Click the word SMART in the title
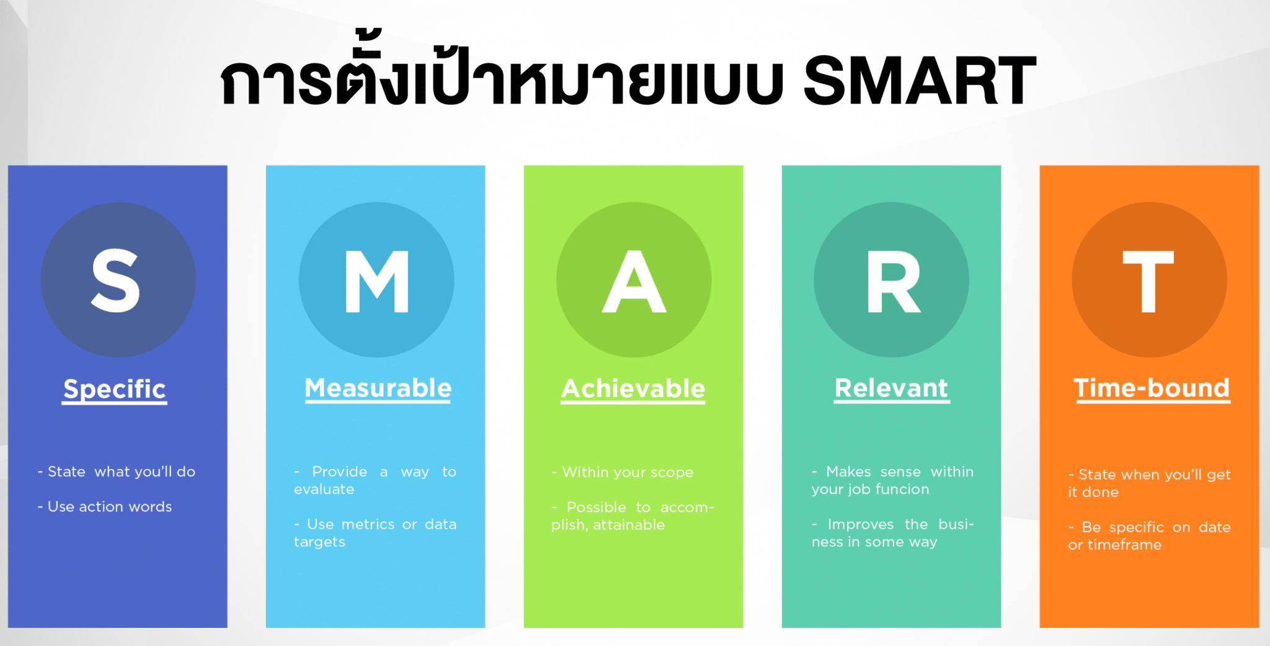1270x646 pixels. pyautogui.click(x=919, y=81)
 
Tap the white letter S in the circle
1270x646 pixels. pyautogui.click(x=116, y=280)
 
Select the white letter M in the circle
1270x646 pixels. pyautogui.click(x=376, y=281)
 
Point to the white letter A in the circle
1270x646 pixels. pyautogui.click(x=634, y=281)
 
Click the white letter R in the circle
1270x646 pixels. pyautogui.click(x=893, y=281)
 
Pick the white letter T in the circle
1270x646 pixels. pyautogui.click(x=1148, y=281)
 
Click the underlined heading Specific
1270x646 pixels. pyautogui.click(x=115, y=389)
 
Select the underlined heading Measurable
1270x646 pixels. pyautogui.click(x=378, y=388)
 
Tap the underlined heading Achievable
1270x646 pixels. pyautogui.click(x=633, y=389)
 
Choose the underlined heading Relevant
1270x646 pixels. pyautogui.click(x=891, y=388)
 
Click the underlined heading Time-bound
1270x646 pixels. pyautogui.click(x=1152, y=388)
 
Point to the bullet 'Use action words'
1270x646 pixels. pyautogui.click(x=105, y=507)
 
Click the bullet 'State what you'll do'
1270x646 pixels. pyautogui.click(x=117, y=472)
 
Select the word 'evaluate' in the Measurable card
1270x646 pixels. pyautogui.click(x=324, y=490)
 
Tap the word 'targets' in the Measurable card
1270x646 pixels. pyautogui.click(x=319, y=542)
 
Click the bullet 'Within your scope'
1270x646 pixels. pyautogui.click(x=623, y=473)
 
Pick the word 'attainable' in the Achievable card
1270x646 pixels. pyautogui.click(x=629, y=526)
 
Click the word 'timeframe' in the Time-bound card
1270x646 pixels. pyautogui.click(x=1123, y=545)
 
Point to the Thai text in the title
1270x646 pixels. pyautogui.click(x=502, y=81)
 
